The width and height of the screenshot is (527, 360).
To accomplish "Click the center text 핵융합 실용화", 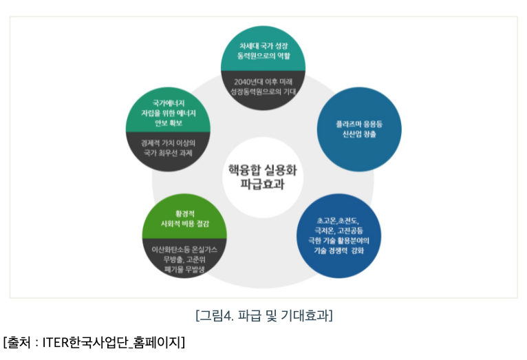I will coord(263,169).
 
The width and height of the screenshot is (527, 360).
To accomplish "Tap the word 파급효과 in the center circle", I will coord(263,184).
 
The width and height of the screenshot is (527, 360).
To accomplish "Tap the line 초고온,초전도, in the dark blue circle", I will coord(338,220).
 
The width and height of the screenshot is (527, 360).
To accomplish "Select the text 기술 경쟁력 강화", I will coord(338,251).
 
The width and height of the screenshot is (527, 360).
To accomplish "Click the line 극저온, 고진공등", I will coord(338,230).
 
